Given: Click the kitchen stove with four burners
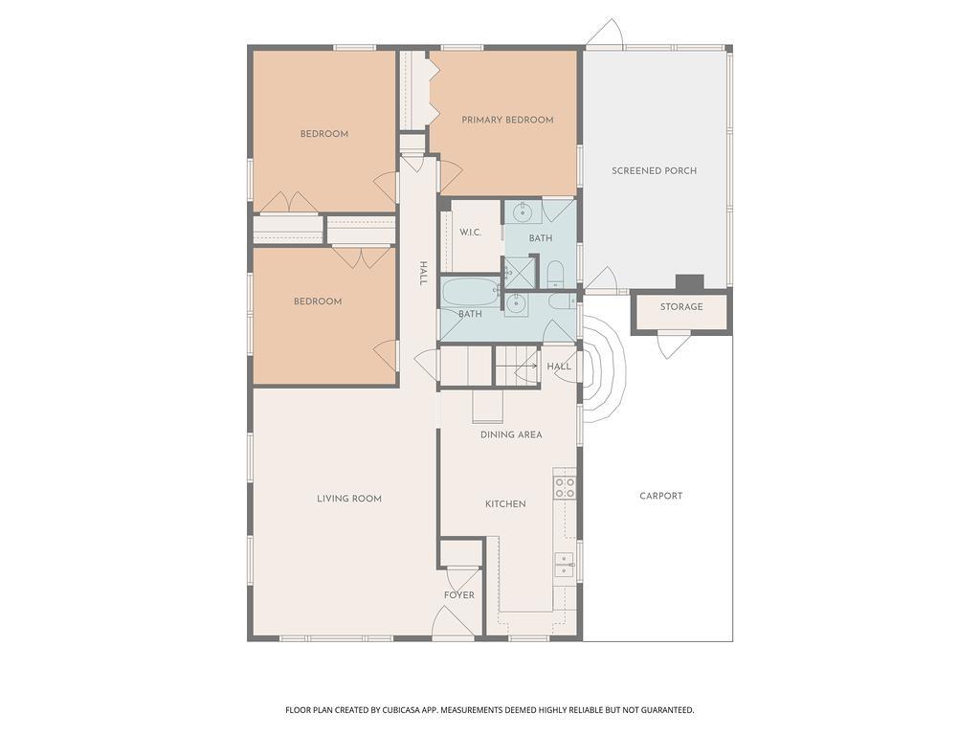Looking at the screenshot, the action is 565,487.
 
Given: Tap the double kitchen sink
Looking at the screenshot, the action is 565,564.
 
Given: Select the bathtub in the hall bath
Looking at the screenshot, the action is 471,293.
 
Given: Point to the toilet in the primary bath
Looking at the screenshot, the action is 556,275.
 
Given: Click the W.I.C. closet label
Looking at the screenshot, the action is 471,233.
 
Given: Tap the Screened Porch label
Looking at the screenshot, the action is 654,170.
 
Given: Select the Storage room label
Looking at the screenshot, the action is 681,307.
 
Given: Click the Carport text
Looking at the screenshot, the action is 660,496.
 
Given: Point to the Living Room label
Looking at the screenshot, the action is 348,499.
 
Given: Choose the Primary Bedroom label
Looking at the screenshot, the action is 507,120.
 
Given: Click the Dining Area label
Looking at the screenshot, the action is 511,434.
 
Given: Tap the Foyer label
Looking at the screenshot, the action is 459,595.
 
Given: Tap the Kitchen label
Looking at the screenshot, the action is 505,503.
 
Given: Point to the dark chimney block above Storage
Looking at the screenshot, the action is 690,282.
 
